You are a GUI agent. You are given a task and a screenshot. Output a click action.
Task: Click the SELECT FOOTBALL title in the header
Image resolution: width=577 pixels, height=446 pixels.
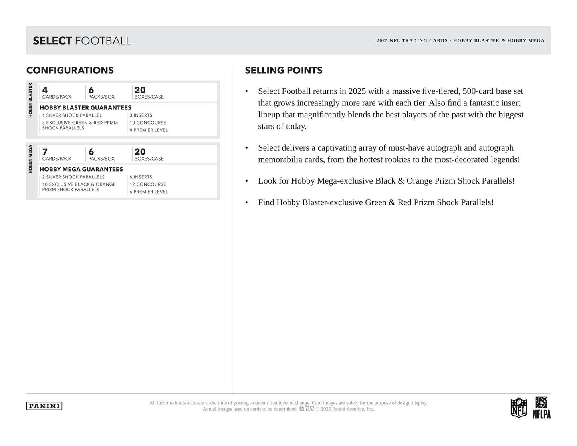[82, 41]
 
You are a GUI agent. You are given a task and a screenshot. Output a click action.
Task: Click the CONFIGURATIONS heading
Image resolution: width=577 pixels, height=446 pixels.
[70, 70]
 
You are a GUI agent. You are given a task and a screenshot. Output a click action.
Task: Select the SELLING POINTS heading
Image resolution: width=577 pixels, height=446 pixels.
[284, 70]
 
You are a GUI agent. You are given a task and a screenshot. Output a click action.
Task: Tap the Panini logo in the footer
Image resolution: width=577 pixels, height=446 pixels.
[44, 406]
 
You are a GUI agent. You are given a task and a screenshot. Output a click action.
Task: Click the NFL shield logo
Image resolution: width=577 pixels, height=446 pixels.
[519, 407]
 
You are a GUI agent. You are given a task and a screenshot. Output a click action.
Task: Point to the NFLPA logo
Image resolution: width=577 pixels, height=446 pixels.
[541, 408]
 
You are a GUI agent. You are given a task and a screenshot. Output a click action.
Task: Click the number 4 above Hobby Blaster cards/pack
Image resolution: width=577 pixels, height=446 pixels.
[45, 90]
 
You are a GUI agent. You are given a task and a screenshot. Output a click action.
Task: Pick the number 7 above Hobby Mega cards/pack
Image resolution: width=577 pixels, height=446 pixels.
[45, 152]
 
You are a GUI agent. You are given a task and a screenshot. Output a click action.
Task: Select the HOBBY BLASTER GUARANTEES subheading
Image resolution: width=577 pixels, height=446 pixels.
[85, 107]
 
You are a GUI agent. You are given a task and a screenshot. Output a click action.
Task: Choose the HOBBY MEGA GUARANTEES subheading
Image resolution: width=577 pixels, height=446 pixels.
[81, 169]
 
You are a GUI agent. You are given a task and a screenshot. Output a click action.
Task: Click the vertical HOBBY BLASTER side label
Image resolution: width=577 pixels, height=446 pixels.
[30, 100]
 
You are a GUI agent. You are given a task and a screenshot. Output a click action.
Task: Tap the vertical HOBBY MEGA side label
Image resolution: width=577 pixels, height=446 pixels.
[30, 159]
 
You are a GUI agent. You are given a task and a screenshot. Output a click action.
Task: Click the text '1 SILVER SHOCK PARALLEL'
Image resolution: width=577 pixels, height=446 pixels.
[72, 115]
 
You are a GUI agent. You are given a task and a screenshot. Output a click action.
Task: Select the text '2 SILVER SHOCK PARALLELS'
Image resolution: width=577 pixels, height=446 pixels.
[73, 177]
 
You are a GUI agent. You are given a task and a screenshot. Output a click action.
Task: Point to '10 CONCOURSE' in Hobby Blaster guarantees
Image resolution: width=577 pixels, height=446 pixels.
[148, 123]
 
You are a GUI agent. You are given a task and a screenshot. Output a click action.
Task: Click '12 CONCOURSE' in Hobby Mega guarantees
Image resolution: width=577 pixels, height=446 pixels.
[148, 184]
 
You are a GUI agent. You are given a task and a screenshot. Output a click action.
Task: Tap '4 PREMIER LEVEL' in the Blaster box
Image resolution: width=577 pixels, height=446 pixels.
[149, 130]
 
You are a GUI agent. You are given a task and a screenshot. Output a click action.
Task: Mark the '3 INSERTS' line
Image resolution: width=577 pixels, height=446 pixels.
[141, 115]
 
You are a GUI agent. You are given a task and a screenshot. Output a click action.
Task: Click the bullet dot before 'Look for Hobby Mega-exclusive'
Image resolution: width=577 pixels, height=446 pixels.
[247, 181]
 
